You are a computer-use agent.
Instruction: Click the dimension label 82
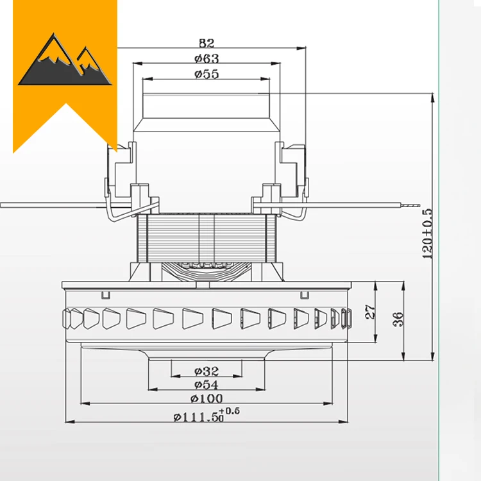point(206,44)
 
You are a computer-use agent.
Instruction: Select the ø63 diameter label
point(206,58)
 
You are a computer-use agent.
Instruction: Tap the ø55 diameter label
point(206,74)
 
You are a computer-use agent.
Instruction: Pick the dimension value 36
point(398,319)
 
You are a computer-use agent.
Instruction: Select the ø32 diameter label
point(206,371)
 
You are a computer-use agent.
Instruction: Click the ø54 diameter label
point(206,385)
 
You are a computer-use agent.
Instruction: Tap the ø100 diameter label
point(206,399)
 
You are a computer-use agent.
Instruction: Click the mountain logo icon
point(64,61)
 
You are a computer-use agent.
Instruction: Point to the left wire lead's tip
point(5,205)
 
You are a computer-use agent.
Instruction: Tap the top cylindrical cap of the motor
point(206,106)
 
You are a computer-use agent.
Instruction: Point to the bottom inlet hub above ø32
point(206,357)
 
